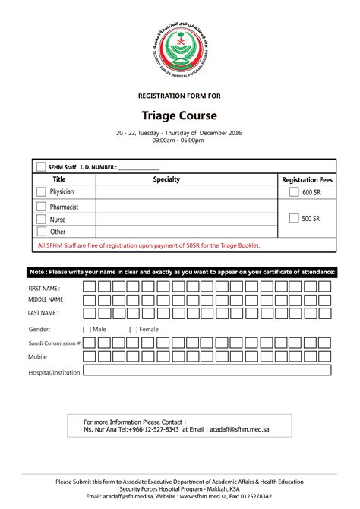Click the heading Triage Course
pyautogui.click(x=180, y=115)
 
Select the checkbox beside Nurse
pyautogui.click(x=41, y=219)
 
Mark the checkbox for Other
pyautogui.click(x=41, y=231)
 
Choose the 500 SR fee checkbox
pyautogui.click(x=294, y=219)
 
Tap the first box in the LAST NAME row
pyautogui.click(x=89, y=312)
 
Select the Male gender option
pyautogui.click(x=94, y=330)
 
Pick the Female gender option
pyautogui.click(x=144, y=330)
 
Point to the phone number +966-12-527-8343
pyautogui.click(x=154, y=429)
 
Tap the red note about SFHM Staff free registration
pyautogui.click(x=149, y=245)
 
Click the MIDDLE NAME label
pyautogui.click(x=46, y=299)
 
